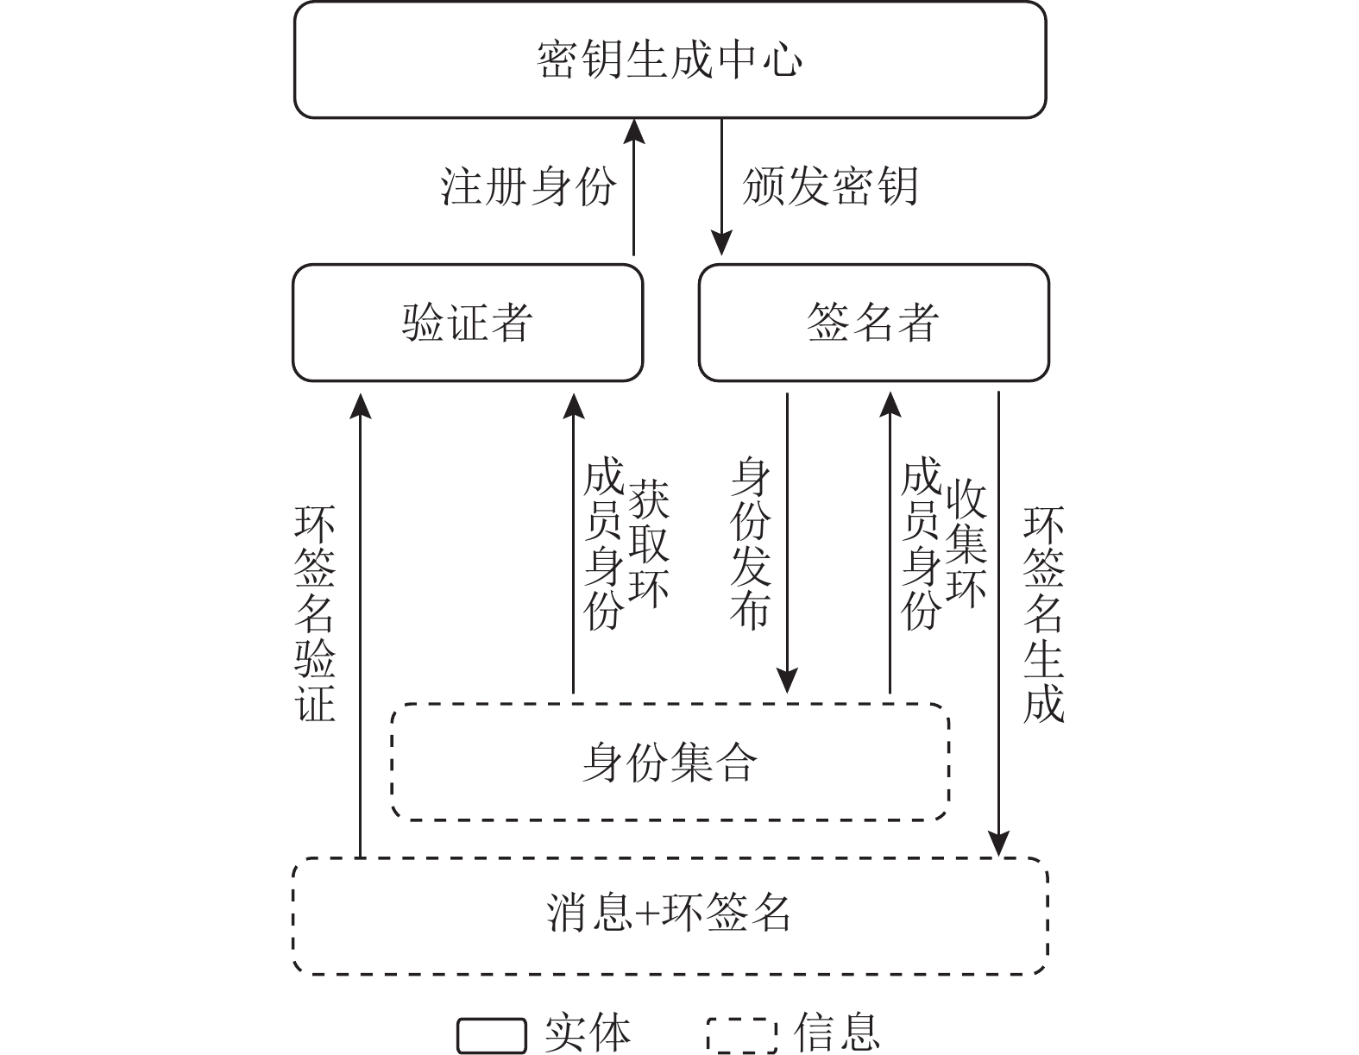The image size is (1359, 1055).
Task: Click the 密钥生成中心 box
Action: click(x=670, y=60)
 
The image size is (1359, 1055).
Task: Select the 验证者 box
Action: click(x=468, y=323)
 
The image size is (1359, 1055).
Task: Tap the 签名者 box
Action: click(x=873, y=323)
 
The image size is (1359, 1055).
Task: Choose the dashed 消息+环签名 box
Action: click(x=670, y=914)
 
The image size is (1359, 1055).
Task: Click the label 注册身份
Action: click(x=529, y=186)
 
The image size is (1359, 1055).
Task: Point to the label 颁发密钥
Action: click(x=830, y=186)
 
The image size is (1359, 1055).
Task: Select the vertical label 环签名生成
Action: click(x=1043, y=613)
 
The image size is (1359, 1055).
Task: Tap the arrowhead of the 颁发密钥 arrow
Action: click(x=721, y=243)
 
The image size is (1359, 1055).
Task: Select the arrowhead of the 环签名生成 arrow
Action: click(x=998, y=844)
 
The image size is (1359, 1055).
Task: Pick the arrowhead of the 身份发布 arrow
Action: click(x=787, y=681)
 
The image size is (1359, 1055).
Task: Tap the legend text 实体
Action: click(x=587, y=1033)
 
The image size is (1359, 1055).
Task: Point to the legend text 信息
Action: click(x=836, y=1033)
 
